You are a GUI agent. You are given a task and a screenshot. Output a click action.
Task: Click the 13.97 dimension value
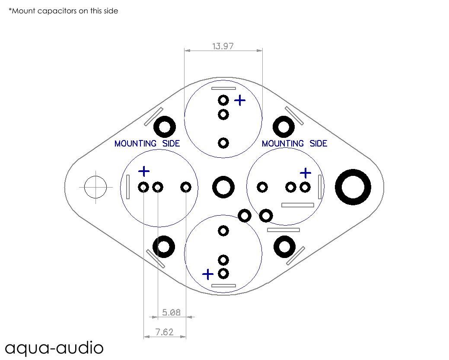point(223,46)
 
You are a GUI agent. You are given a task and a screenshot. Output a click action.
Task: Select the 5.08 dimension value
point(171,312)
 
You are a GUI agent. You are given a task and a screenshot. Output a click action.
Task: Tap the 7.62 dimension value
point(164,332)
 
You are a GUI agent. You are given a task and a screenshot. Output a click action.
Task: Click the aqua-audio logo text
point(54,348)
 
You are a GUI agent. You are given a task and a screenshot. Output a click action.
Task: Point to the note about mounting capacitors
point(63,11)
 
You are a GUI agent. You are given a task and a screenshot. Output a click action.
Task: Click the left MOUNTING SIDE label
point(147,143)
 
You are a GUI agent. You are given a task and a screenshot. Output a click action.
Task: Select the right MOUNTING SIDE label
point(294,143)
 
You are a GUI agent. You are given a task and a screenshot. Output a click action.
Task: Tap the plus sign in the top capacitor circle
point(240,101)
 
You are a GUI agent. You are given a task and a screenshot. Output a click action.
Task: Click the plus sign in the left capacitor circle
point(144,172)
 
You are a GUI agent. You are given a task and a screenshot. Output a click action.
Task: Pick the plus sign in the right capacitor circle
point(306,173)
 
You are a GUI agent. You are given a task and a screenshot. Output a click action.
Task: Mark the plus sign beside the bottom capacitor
point(208,274)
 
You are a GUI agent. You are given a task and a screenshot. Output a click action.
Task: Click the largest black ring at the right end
point(353,187)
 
